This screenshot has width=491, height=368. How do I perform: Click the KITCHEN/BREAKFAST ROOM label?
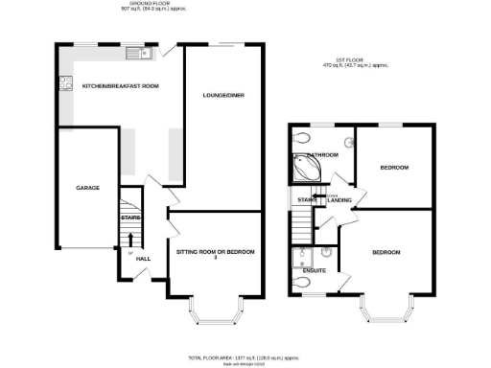click(x=120, y=86)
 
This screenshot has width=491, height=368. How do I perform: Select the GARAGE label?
click(x=88, y=188)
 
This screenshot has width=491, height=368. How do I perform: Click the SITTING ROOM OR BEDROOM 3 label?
click(x=216, y=254)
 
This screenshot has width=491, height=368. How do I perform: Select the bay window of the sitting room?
click(x=216, y=311)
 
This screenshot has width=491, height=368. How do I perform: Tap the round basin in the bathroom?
click(x=304, y=136)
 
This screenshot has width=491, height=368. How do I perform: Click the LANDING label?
click(x=339, y=200)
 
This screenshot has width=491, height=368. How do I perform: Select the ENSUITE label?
click(x=314, y=271)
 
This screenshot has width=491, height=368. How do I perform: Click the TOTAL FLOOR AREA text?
click(x=234, y=356)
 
